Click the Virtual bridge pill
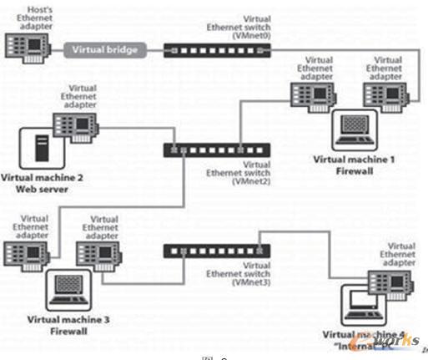pyautogui.click(x=105, y=49)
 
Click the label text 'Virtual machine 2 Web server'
pyautogui.click(x=38, y=183)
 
